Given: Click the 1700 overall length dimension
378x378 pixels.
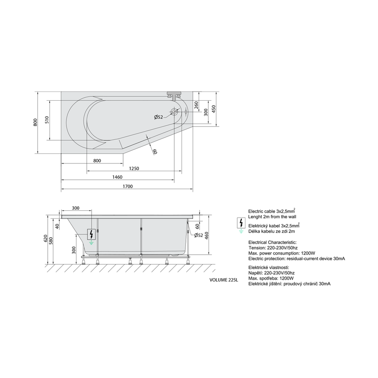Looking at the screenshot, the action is point(128,186).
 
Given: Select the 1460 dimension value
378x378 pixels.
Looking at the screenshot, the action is point(117,177).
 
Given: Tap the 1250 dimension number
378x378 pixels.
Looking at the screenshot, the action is point(134,168).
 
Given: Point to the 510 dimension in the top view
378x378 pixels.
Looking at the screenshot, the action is point(47,120).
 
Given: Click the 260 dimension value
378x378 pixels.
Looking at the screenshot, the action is point(196,105).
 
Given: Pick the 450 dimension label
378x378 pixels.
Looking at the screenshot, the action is point(214,109).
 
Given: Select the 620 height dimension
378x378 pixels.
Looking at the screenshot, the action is point(46,239).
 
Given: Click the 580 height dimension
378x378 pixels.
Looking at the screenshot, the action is point(51,241).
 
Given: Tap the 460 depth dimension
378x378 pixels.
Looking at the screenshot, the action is point(207,235).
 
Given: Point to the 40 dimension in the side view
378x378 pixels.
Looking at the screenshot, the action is point(57,226).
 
